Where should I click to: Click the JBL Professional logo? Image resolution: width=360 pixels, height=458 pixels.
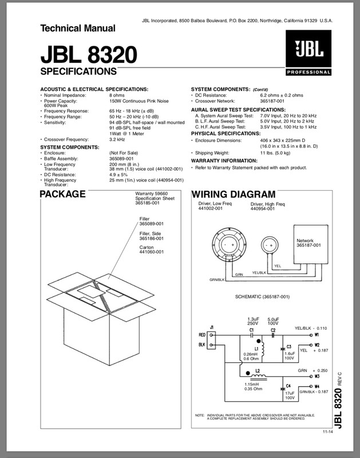(x=308, y=55)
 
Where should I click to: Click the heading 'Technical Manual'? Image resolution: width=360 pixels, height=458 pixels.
(x=77, y=28)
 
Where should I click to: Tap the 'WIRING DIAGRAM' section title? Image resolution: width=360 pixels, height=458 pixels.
(x=234, y=194)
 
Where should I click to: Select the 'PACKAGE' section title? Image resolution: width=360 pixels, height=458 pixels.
(x=63, y=194)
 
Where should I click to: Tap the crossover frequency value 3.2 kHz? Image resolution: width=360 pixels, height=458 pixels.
(x=117, y=139)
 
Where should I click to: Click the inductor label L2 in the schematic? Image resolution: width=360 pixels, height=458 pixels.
(x=258, y=372)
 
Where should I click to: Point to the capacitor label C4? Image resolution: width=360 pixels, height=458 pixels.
(x=288, y=386)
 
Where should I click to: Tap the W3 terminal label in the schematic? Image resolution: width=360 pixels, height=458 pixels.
(x=317, y=378)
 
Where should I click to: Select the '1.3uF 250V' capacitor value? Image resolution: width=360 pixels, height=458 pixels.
(x=253, y=321)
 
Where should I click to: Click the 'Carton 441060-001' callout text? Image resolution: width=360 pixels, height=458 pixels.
(x=151, y=249)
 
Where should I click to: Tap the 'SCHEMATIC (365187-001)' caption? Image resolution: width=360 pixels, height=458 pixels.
(x=263, y=297)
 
